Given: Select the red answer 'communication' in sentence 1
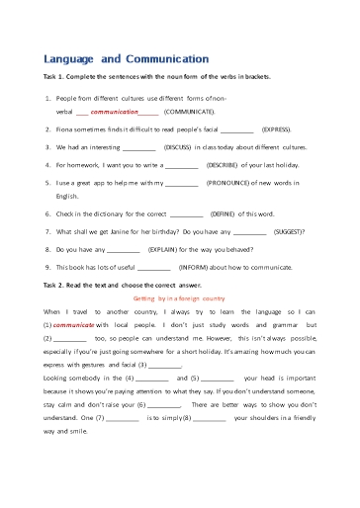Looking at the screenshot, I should tap(113, 113).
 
